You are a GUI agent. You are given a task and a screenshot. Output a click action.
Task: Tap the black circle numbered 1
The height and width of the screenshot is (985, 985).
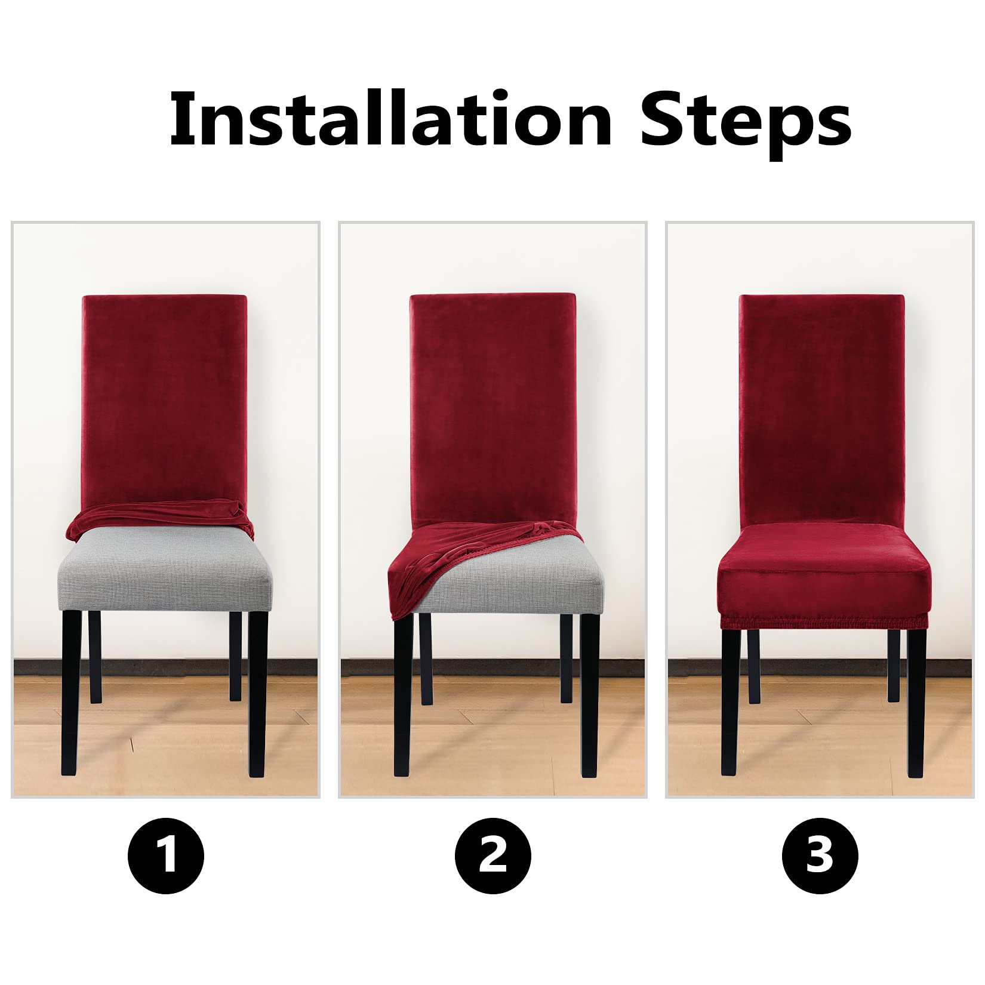point(166,855)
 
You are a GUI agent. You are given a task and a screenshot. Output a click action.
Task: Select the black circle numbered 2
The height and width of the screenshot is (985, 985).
point(492,855)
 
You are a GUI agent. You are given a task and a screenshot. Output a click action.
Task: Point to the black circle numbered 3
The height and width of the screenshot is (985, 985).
point(820,855)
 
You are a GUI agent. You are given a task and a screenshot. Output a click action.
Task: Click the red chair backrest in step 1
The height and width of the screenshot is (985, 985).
point(164,400)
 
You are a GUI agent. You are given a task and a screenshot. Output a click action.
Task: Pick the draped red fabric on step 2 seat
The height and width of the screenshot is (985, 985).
point(460,558)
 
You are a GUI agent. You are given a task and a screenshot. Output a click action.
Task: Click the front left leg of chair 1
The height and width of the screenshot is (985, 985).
point(71,692)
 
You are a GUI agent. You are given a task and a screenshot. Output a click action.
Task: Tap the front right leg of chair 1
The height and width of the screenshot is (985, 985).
point(258,692)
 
